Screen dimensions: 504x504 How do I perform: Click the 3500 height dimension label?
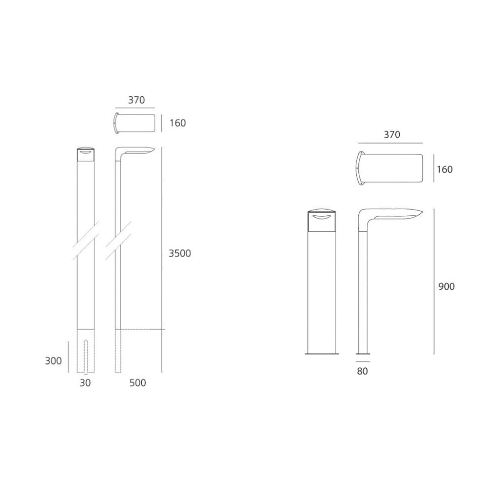(x=180, y=254)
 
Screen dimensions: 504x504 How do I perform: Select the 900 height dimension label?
(x=446, y=287)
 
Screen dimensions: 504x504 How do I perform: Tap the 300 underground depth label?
(x=53, y=361)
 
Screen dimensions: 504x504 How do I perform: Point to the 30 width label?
(x=86, y=383)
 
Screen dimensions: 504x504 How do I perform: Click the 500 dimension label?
(x=138, y=383)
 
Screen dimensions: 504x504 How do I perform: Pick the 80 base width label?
(x=362, y=371)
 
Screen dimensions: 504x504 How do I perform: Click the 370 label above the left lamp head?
(x=136, y=100)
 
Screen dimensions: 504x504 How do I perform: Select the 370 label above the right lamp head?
(x=392, y=135)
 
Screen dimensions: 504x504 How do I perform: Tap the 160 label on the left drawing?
(x=177, y=123)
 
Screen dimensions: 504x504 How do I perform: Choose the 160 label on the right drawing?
(x=445, y=170)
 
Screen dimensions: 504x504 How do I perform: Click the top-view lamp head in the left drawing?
(x=134, y=123)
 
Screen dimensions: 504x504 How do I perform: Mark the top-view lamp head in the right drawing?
(x=389, y=169)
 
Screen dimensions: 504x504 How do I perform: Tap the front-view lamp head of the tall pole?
(x=86, y=154)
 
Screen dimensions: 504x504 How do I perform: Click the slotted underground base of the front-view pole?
(x=86, y=351)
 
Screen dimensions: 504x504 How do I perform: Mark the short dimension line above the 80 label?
(x=362, y=361)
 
